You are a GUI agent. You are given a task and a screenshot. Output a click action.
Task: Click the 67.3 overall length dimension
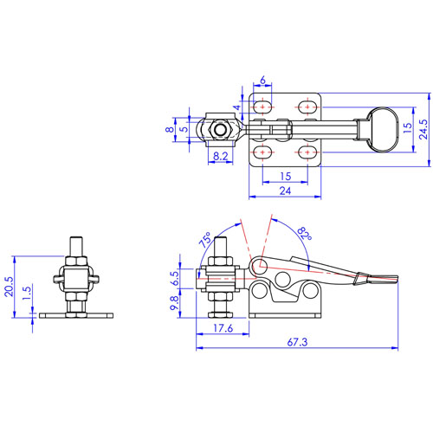[297, 342]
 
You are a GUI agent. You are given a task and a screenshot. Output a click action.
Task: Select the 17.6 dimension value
[223, 328]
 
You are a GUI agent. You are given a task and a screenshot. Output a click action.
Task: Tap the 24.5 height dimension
[423, 129]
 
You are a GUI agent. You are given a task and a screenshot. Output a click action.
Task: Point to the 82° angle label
[305, 234]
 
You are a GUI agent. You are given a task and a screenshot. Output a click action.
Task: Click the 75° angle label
[205, 240]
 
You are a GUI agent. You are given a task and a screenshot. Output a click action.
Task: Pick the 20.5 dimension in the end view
[9, 287]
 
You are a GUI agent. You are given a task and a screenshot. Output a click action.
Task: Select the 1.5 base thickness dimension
[27, 294]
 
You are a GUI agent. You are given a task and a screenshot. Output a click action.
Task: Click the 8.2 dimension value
[221, 157]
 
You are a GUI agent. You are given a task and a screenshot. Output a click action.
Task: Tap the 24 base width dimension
[285, 191]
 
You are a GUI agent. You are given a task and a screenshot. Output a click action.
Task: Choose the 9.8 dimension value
[175, 303]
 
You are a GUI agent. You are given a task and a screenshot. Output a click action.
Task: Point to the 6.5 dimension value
[175, 278]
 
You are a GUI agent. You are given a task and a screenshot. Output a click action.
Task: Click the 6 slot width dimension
[262, 81]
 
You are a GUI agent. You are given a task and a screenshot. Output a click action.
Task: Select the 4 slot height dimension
[237, 107]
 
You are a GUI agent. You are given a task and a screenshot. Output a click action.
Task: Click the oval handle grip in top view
[382, 129]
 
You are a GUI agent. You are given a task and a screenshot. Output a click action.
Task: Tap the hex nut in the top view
[221, 130]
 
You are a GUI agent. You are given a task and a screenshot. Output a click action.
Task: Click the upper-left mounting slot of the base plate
[263, 107]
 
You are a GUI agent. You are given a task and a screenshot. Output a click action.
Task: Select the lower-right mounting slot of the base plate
[307, 152]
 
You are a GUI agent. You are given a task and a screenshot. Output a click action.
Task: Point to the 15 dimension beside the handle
[407, 127]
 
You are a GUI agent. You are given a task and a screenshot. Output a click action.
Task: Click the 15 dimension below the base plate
[286, 176]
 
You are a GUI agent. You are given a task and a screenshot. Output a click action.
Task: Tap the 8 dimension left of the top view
[170, 129]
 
